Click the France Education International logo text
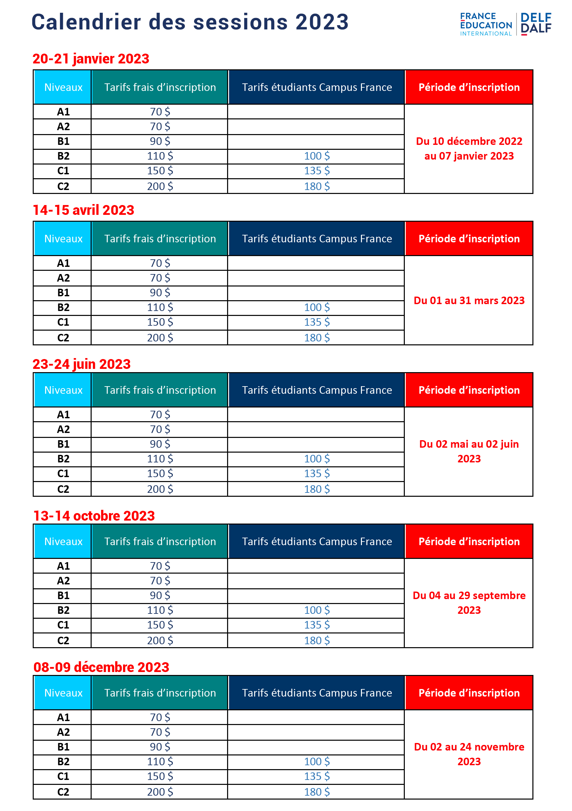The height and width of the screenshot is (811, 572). click(486, 24)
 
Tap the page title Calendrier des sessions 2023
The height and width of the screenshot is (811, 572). click(190, 22)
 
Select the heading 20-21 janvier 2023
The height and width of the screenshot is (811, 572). click(91, 59)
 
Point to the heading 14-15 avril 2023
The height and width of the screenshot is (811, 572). click(83, 210)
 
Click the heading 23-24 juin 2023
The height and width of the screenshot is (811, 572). click(82, 364)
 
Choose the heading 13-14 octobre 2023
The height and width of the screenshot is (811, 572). click(94, 516)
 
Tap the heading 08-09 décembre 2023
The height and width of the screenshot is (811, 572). click(101, 667)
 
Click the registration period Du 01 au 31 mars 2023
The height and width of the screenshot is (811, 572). click(469, 301)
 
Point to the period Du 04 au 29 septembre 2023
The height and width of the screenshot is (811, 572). click(469, 603)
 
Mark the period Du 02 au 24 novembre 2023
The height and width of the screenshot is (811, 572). click(469, 754)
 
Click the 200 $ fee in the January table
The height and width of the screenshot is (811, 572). click(160, 186)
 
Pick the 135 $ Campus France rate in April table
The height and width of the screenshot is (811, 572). click(317, 322)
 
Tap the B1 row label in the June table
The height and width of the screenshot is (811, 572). click(63, 444)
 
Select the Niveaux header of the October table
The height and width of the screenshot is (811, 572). click(63, 542)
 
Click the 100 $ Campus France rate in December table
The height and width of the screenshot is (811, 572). click(317, 762)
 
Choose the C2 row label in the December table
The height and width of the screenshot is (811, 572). click(63, 792)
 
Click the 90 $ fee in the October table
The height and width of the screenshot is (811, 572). click(160, 595)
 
